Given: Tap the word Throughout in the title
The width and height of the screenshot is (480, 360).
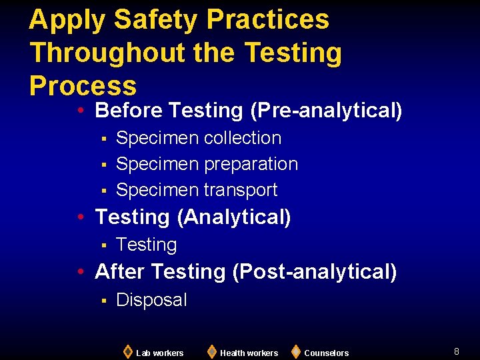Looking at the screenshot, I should [129, 53].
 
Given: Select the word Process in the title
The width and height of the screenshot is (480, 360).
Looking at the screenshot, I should [83, 86].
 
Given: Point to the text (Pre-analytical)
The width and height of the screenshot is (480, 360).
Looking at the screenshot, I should [326, 110].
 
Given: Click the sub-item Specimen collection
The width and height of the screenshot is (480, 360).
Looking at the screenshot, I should [199, 138].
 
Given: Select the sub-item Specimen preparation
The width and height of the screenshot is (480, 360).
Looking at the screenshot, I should [207, 164].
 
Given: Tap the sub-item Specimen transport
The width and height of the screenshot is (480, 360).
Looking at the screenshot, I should [197, 190].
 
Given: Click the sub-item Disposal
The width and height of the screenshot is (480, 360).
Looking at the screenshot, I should [151, 300].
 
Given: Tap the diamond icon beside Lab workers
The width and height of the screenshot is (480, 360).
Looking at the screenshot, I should [127, 351].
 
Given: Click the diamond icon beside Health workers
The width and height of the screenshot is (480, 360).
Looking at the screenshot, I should [211, 351].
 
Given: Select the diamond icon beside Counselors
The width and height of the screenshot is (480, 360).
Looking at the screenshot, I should [295, 351].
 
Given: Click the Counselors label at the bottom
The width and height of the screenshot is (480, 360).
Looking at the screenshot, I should [326, 353].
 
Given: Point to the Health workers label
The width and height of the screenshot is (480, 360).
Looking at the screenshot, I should [249, 353].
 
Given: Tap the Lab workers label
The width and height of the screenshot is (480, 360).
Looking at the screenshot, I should [160, 353].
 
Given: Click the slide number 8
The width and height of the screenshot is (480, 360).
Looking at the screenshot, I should [457, 351].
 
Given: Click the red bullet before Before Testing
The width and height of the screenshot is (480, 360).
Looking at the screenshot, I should [79, 111].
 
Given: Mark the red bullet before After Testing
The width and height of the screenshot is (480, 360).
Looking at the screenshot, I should [79, 272].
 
